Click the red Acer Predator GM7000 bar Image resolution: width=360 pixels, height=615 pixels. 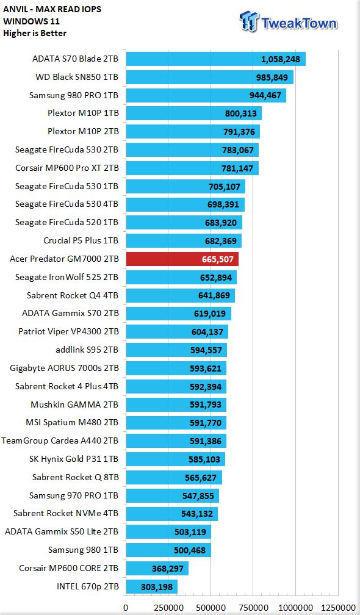[182, 259]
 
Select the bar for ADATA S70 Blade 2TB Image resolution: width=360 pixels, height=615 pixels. [215, 59]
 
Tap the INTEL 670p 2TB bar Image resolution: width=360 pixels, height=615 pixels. [152, 587]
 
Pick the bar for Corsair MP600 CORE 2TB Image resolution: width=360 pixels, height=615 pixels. [157, 569]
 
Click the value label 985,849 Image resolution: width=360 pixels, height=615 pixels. [272, 77]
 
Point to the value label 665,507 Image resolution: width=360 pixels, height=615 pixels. [218, 259]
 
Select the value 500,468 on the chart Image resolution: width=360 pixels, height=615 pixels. [190, 550]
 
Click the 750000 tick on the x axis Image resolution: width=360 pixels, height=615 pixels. [253, 608]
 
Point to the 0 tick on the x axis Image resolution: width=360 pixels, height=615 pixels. [126, 608]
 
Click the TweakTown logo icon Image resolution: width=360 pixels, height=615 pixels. [250, 21]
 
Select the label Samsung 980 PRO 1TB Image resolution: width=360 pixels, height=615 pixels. [74, 95]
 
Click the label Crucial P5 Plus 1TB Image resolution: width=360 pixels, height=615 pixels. [81, 240]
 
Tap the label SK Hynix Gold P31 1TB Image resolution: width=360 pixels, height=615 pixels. [74, 459]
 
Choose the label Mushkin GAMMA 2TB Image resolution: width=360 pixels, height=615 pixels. [74, 405]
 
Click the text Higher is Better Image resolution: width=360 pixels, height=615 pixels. [35, 34]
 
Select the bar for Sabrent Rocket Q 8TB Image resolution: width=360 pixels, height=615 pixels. [174, 477]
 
